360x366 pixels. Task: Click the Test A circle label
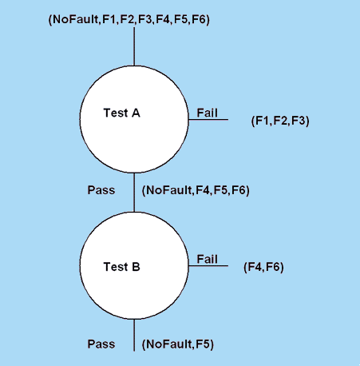pyautogui.click(x=121, y=113)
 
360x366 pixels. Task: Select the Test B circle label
pyautogui.click(x=121, y=267)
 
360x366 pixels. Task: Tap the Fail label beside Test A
pyautogui.click(x=207, y=113)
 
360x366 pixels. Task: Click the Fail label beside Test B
pyautogui.click(x=207, y=259)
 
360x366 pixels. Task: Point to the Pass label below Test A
pyautogui.click(x=101, y=190)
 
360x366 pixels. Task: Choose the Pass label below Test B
pyautogui.click(x=101, y=344)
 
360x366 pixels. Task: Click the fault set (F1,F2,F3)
pyautogui.click(x=280, y=121)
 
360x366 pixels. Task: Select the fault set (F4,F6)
pyautogui.click(x=263, y=267)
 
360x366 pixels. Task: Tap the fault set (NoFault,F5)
pyautogui.click(x=178, y=344)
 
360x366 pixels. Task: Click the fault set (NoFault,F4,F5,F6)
pyautogui.click(x=196, y=190)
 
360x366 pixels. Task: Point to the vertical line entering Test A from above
pyautogui.click(x=134, y=46)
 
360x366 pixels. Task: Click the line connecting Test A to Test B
pyautogui.click(x=134, y=193)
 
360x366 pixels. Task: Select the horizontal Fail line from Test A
pyautogui.click(x=208, y=119)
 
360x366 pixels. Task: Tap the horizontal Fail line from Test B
pyautogui.click(x=208, y=265)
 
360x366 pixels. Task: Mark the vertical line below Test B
pyautogui.click(x=134, y=335)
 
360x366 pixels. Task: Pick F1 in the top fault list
pyautogui.click(x=109, y=19)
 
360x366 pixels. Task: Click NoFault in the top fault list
pyautogui.click(x=75, y=19)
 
